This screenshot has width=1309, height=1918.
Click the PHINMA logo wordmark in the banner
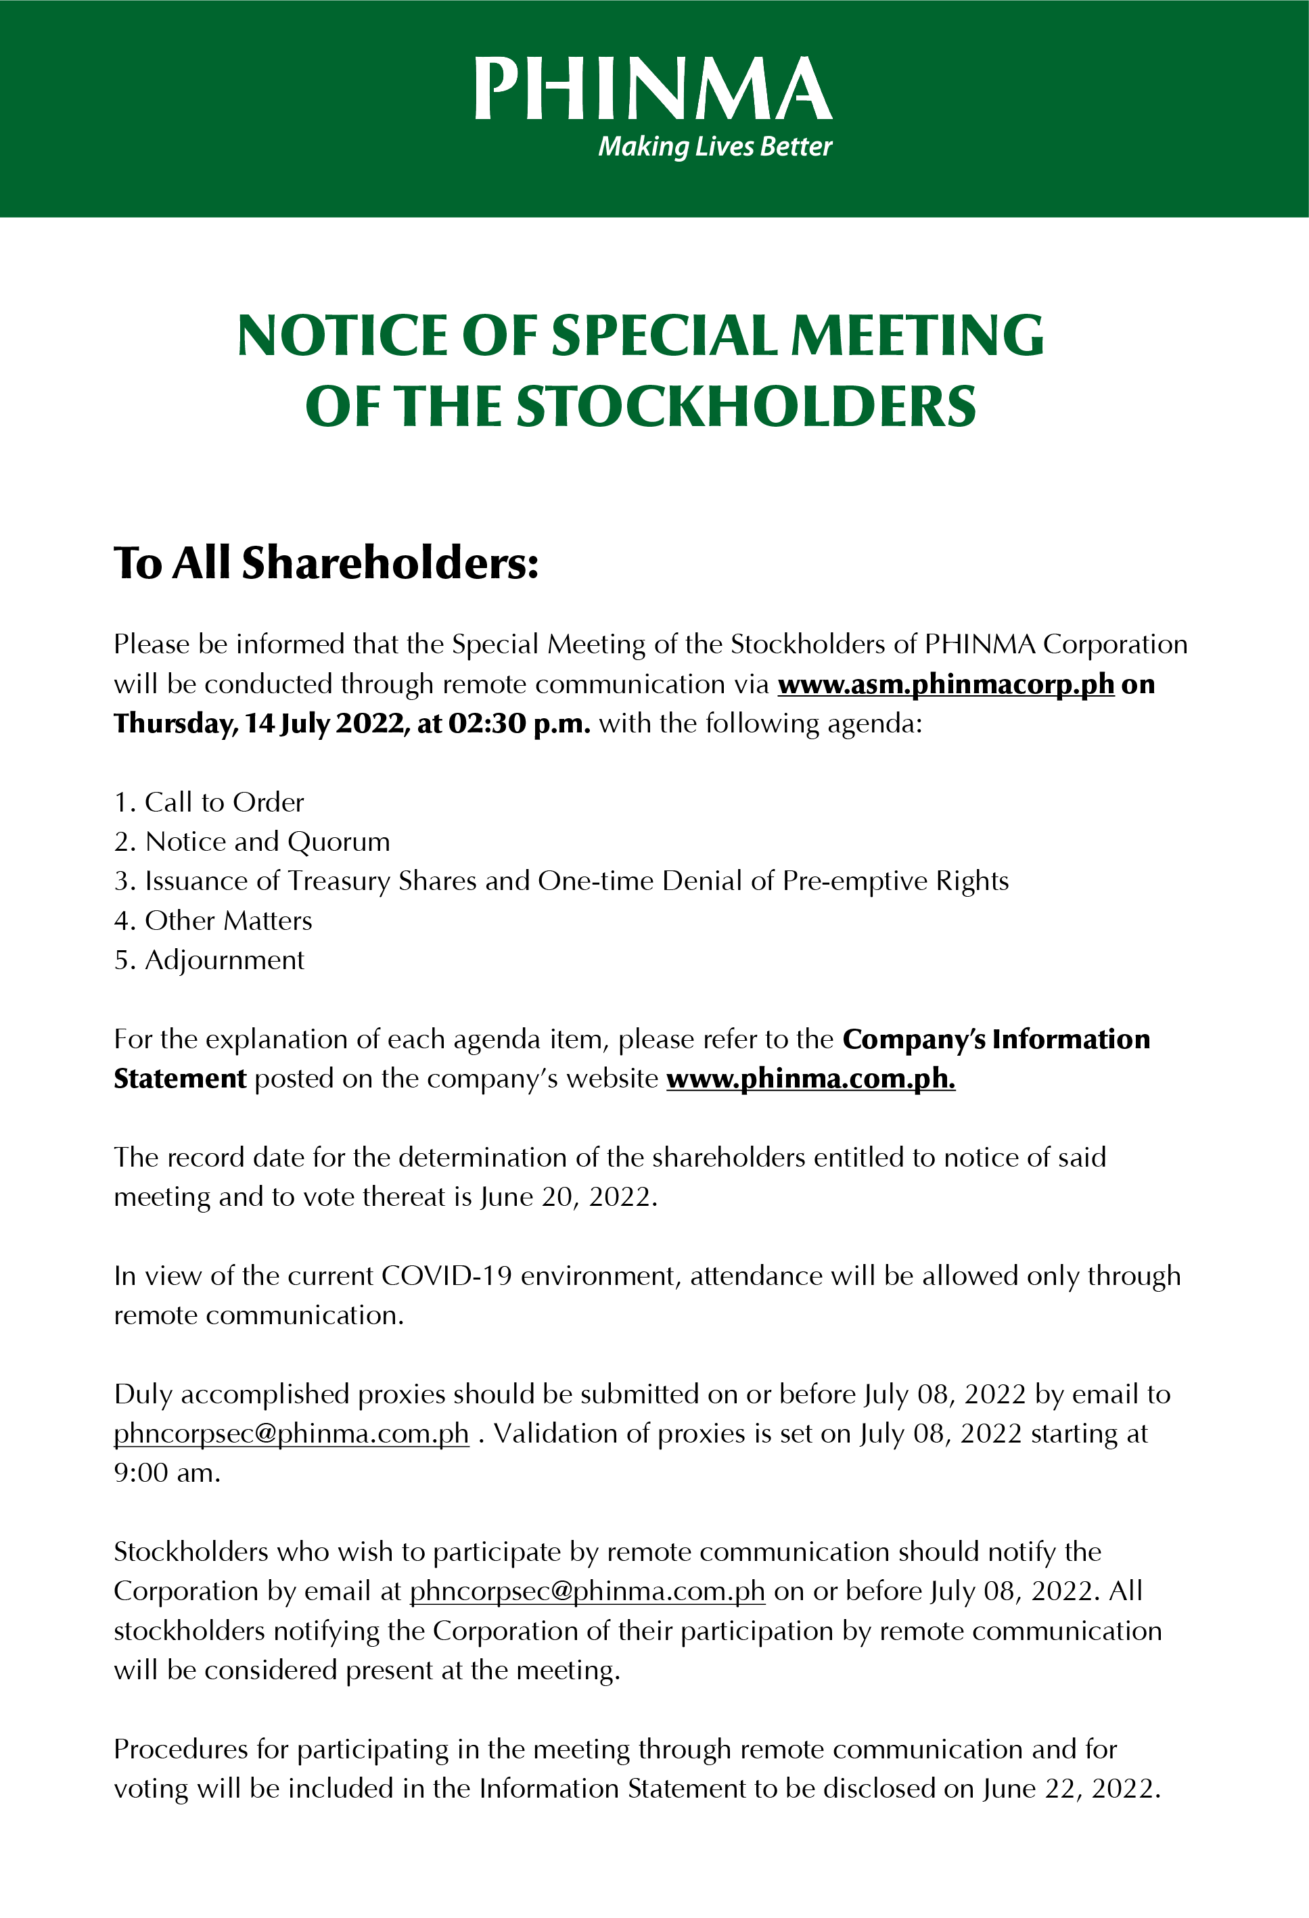click(653, 89)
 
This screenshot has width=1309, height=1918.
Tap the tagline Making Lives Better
click(715, 147)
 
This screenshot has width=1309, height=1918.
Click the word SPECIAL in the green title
click(664, 336)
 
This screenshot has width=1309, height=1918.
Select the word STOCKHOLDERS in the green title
click(746, 407)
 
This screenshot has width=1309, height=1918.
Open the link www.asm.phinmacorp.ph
click(946, 684)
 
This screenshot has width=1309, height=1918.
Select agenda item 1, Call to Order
click(209, 802)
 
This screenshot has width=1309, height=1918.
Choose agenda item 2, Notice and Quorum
click(252, 842)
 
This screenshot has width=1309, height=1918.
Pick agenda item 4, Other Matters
click(213, 921)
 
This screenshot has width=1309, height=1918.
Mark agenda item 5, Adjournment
click(209, 960)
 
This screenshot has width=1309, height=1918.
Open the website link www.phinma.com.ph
click(810, 1079)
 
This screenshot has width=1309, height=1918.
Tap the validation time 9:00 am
click(166, 1473)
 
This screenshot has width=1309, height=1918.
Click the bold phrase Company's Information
click(996, 1040)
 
